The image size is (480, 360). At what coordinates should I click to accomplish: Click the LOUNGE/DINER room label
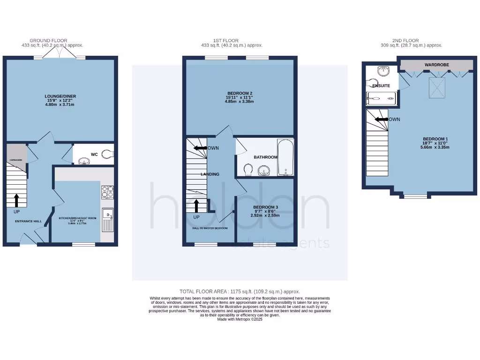pyautogui.click(x=61, y=97)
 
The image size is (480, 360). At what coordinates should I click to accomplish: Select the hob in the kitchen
pyautogui.click(x=107, y=192)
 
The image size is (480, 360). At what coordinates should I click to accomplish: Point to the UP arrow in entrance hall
pyautogui.click(x=17, y=200)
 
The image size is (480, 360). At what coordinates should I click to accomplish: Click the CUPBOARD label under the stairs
pyautogui.click(x=16, y=160)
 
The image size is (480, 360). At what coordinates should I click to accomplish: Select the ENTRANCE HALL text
pyautogui.click(x=29, y=221)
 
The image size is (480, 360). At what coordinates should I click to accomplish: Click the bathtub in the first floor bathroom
pyautogui.click(x=285, y=157)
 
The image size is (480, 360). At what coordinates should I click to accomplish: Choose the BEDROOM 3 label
pyautogui.click(x=265, y=207)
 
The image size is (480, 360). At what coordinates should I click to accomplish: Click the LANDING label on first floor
pyautogui.click(x=210, y=174)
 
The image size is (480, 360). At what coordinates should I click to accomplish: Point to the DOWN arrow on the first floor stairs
pyautogui.click(x=201, y=148)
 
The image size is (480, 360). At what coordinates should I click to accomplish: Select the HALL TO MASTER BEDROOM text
pyautogui.click(x=210, y=228)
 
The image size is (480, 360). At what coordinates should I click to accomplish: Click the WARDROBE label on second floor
pyautogui.click(x=435, y=64)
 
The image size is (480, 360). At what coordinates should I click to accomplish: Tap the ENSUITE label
pyautogui.click(x=381, y=86)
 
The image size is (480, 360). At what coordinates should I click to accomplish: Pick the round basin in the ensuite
pyautogui.click(x=383, y=71)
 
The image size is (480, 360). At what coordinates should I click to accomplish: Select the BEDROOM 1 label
pyautogui.click(x=435, y=139)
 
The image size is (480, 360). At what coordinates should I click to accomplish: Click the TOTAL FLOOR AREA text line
pyautogui.click(x=240, y=292)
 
